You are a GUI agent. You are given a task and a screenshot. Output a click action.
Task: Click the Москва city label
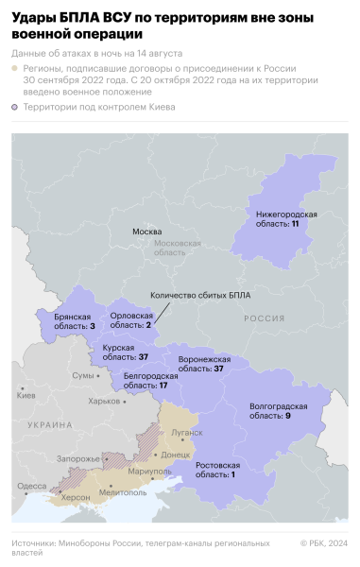(146, 232)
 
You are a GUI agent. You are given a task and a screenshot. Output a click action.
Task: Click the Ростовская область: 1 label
(218, 469)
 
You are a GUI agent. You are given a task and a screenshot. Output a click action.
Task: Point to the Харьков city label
(104, 401)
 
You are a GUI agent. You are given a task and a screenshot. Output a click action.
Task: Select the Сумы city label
(83, 375)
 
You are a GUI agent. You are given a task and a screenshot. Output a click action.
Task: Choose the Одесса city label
(31, 486)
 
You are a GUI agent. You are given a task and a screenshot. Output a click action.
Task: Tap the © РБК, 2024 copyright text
(323, 543)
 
